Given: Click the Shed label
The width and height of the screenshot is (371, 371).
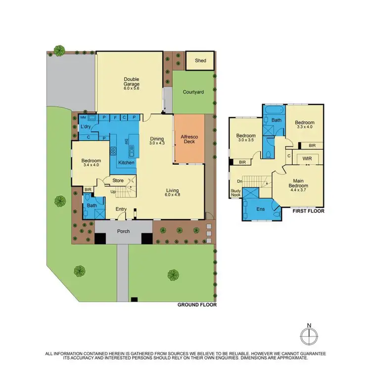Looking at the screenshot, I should (200, 61).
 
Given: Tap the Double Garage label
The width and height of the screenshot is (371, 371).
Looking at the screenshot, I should (132, 82).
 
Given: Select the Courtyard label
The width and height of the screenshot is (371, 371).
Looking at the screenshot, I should (193, 92).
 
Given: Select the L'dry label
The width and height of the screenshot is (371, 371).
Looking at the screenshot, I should (85, 127).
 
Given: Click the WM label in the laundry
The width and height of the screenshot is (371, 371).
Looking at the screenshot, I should (83, 118).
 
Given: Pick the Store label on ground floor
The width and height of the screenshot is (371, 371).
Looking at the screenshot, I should (118, 181).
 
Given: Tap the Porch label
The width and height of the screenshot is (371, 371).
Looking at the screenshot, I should (123, 232).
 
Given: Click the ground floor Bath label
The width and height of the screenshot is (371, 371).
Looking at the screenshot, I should (92, 205).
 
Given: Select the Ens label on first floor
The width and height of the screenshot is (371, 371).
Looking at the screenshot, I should (260, 209).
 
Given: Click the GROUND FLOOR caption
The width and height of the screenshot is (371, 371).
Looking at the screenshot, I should (196, 305).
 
